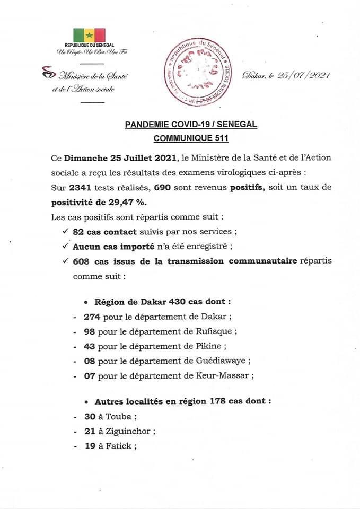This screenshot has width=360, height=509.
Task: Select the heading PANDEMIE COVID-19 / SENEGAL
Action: click(x=191, y=125)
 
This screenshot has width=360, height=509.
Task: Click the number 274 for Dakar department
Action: click(x=92, y=317)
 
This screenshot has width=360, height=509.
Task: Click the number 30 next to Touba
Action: click(x=89, y=417)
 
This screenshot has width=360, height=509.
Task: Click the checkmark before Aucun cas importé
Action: click(x=65, y=246)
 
